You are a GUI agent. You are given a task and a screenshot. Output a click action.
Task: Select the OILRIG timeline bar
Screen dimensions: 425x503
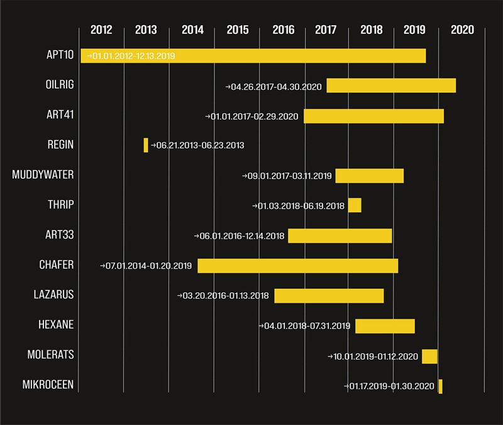[x=391, y=86]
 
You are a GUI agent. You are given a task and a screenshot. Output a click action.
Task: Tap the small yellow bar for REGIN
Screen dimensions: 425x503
[x=146, y=145]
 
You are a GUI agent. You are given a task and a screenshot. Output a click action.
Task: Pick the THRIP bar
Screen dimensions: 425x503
[x=355, y=205]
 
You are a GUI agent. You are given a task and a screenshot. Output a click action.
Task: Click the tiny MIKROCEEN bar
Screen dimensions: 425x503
[x=440, y=387]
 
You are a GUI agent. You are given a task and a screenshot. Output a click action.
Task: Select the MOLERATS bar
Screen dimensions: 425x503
[x=429, y=357]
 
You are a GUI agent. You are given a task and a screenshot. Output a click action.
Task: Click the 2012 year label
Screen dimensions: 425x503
[x=101, y=30]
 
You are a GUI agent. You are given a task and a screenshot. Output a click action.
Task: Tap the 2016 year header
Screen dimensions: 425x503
[x=283, y=30]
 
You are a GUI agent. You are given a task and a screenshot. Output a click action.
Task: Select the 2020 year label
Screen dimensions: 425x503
[x=463, y=30]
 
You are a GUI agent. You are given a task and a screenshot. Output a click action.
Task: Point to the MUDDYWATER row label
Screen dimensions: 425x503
[x=43, y=175]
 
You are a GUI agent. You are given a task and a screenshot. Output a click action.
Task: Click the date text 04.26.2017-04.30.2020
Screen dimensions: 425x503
[x=275, y=86]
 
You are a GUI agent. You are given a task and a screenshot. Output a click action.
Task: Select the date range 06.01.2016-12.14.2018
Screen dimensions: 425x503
[x=241, y=236]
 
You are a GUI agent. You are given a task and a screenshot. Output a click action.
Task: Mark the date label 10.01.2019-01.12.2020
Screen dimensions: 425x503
[x=375, y=357]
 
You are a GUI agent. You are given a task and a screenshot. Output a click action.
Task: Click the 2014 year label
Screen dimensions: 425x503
[x=192, y=30]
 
